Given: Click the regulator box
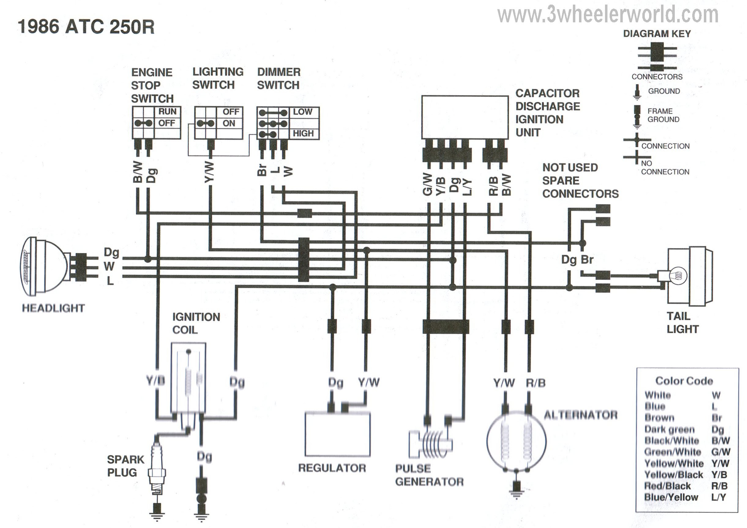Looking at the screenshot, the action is click(x=337, y=434).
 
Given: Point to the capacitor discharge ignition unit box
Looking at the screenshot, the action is click(x=465, y=117).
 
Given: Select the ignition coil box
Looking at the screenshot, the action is click(x=189, y=379).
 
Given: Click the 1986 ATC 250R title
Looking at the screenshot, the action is click(x=86, y=27).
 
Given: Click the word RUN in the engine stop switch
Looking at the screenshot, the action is click(x=167, y=112).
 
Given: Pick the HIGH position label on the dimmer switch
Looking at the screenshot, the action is click(x=303, y=133).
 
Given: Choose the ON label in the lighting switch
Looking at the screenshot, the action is click(x=229, y=124).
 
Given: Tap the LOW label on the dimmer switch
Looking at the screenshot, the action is click(x=303, y=112).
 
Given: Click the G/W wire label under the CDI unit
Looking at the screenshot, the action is click(x=428, y=184).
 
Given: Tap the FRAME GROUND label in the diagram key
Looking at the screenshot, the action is click(x=663, y=115).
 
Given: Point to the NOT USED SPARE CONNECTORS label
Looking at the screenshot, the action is click(x=581, y=180).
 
